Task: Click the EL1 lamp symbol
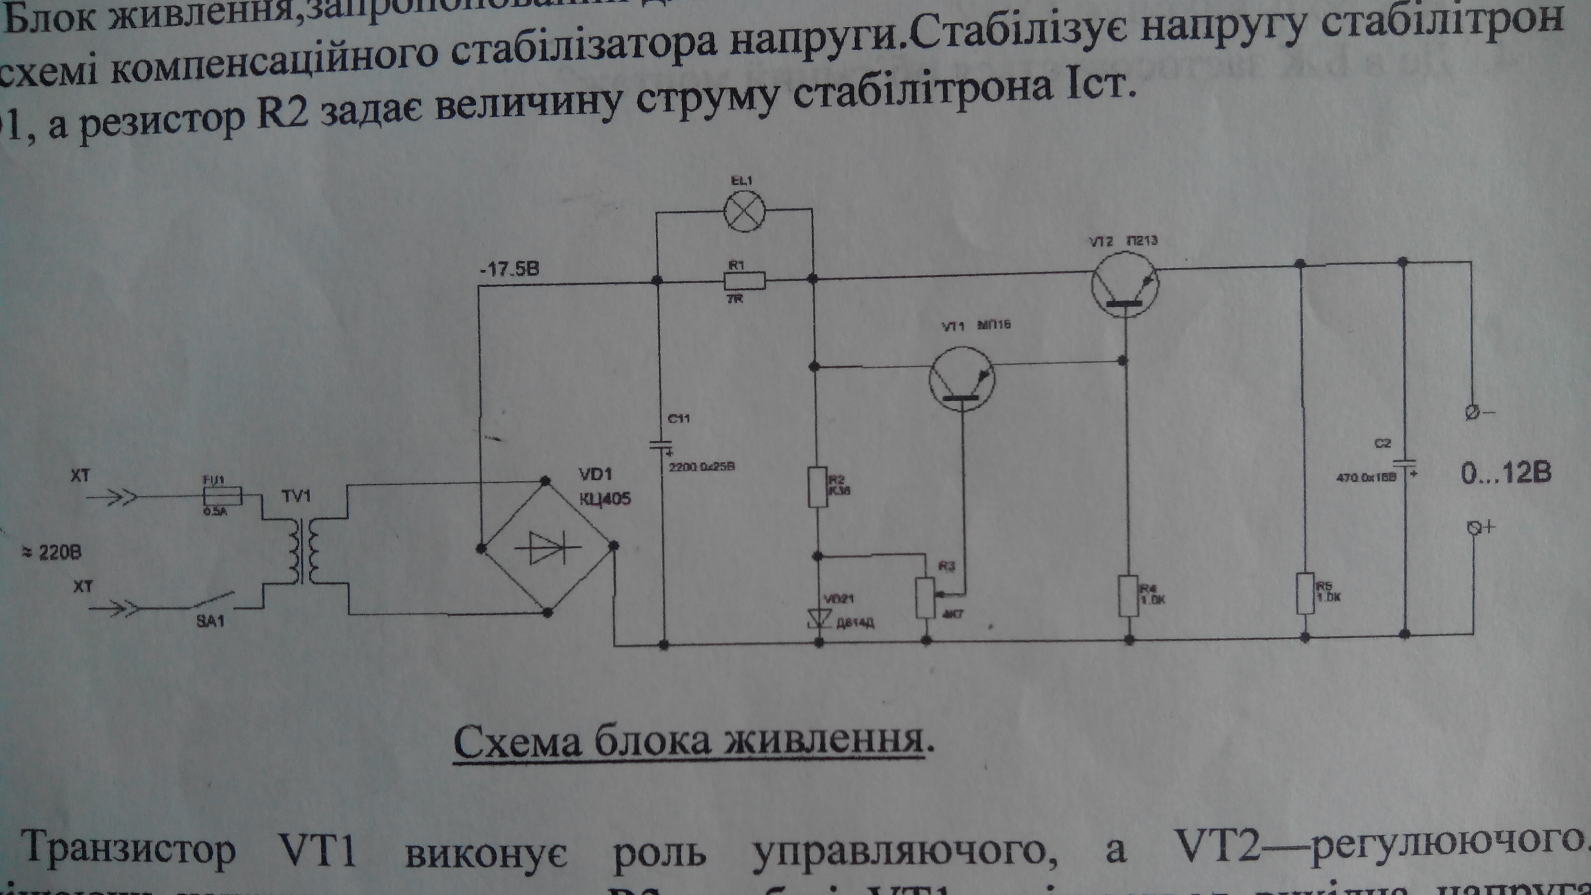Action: pos(745,211)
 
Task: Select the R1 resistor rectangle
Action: pos(744,281)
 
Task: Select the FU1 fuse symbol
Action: pos(222,495)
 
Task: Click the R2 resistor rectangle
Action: pos(818,487)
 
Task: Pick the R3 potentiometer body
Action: pos(925,597)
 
